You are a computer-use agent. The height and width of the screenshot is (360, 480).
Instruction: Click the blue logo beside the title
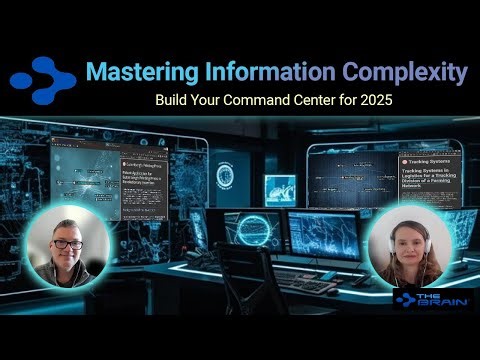42,77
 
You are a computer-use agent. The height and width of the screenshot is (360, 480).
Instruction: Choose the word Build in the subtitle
174,101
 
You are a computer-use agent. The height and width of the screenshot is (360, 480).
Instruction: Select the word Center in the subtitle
328,101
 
